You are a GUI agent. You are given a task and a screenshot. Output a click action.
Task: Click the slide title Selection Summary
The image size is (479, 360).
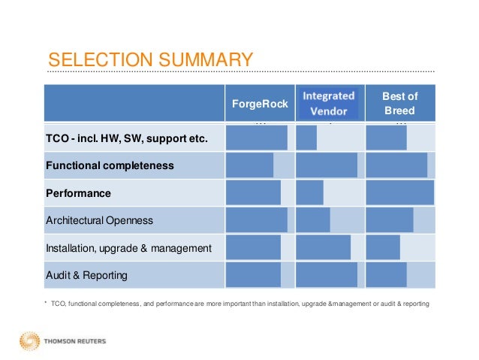147,59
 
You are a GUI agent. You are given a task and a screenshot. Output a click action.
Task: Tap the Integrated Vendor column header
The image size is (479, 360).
329,104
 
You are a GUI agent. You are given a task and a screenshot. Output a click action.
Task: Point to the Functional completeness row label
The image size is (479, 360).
110,165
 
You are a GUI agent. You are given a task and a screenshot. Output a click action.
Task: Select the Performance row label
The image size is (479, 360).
78,193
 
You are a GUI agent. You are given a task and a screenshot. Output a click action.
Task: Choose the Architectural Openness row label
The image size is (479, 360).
99,220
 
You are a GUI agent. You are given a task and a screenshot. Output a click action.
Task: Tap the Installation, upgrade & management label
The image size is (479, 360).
128,247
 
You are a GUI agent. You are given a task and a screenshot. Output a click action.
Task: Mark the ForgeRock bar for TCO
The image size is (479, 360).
256,138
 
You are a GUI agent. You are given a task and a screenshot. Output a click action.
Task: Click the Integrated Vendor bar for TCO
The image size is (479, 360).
306,138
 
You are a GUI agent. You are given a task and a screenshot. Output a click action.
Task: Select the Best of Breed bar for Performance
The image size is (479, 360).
399,192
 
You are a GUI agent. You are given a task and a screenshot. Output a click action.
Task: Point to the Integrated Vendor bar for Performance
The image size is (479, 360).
309,192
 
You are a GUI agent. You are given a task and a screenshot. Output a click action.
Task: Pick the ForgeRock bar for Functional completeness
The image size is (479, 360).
249,165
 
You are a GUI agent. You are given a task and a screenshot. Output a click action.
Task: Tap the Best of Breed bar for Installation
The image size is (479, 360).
383,247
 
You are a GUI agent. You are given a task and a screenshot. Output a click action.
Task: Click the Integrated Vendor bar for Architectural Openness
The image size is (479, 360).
313,220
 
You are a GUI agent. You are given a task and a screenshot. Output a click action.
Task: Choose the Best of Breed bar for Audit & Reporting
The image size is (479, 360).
386,275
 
